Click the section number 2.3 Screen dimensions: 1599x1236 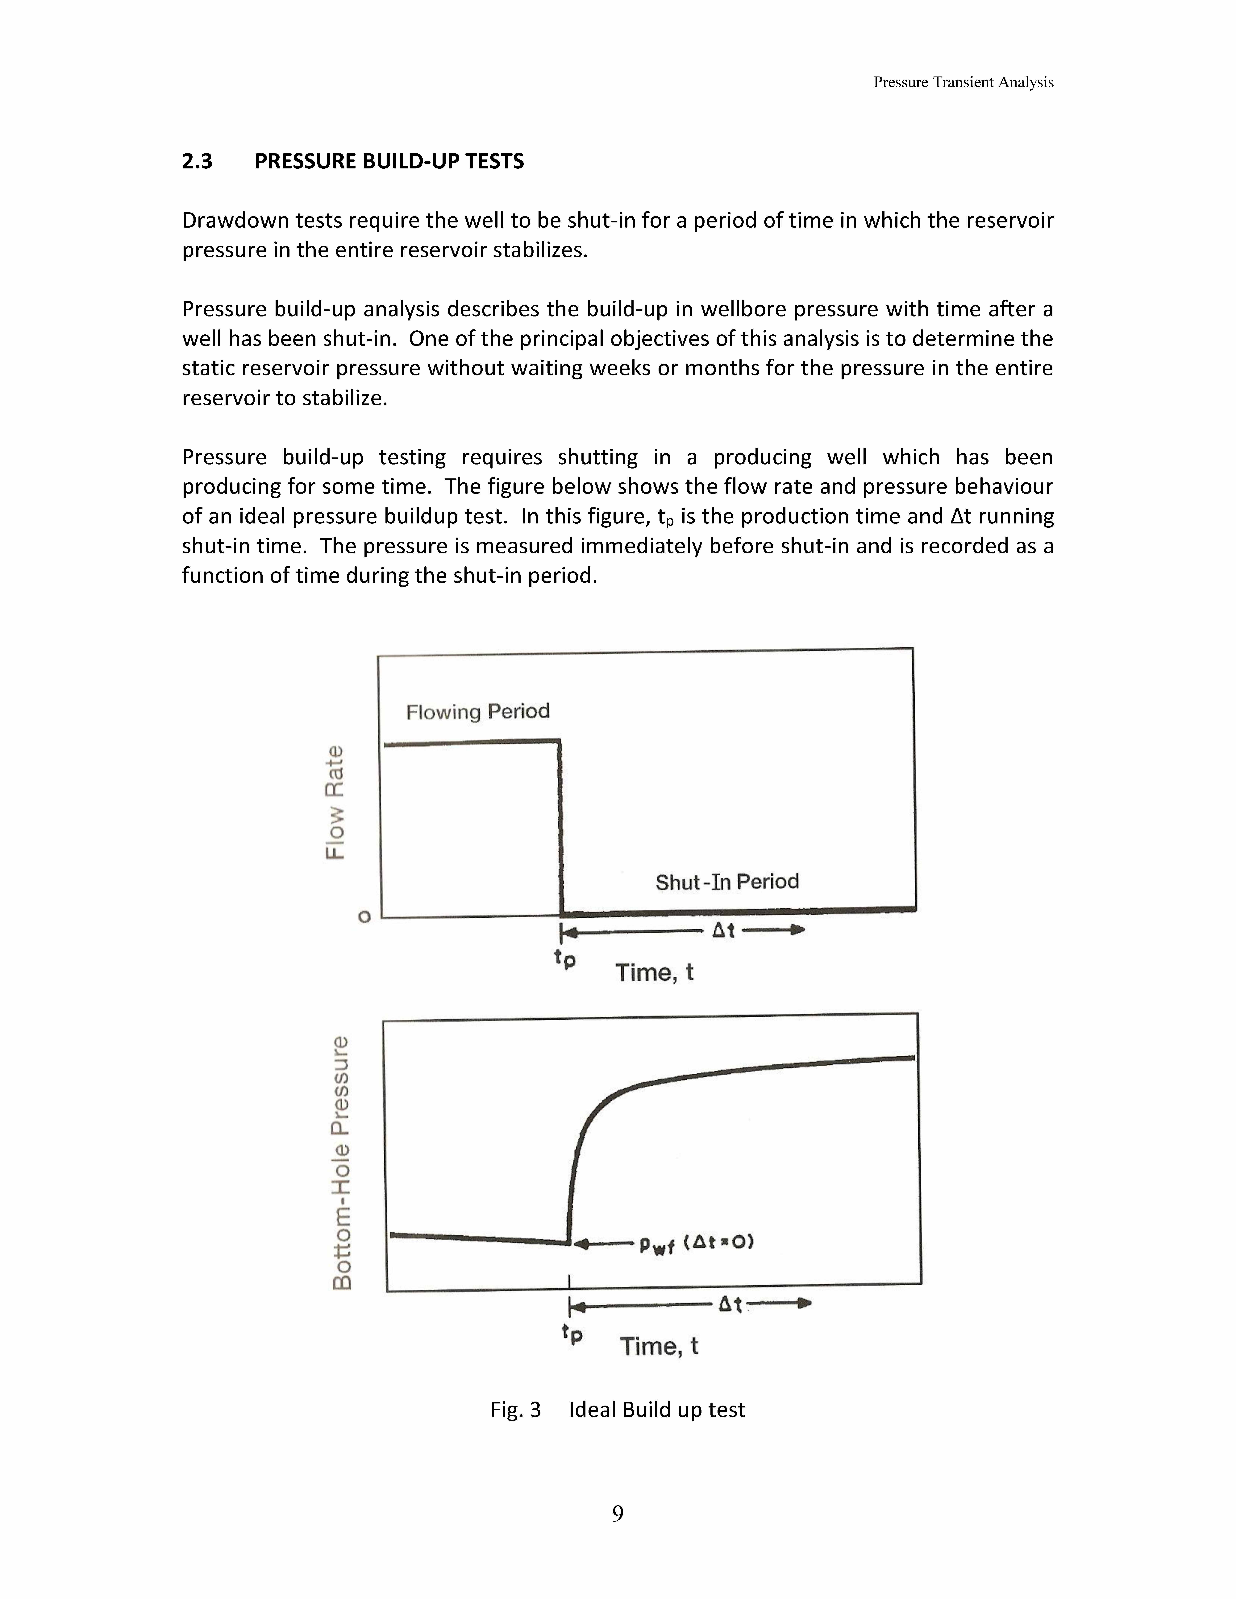197,161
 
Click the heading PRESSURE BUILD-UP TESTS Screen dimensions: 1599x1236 389,161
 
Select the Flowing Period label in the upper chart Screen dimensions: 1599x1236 477,712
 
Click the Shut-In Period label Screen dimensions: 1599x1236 726,882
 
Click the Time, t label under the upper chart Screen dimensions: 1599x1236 654,972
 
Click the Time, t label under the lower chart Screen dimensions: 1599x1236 659,1346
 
